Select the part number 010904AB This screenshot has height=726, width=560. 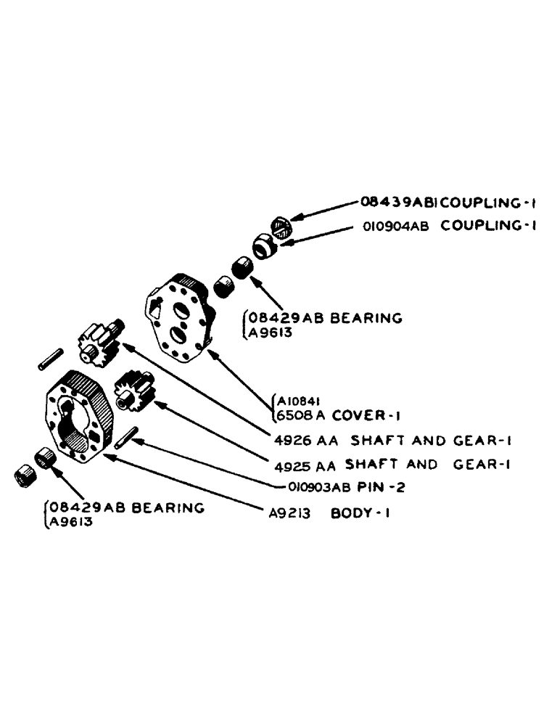(x=395, y=226)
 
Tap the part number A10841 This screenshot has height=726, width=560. (x=296, y=400)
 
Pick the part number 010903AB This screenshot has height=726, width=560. (x=317, y=487)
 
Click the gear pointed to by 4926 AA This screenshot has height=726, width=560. (x=100, y=343)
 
